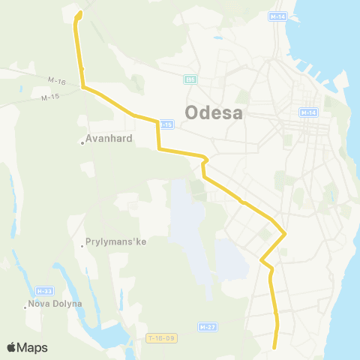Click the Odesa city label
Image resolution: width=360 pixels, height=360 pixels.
coord(214,113)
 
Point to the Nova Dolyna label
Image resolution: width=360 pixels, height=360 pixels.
coord(55,304)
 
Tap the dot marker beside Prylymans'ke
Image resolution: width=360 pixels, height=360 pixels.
coord(83,244)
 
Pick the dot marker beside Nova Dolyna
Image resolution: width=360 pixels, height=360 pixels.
coord(24,305)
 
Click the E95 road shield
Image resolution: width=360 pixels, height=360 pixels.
coord(190,79)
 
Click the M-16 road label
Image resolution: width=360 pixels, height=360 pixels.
coord(55,81)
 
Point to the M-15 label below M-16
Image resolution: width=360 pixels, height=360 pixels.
coord(49,97)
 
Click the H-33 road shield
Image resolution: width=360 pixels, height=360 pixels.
coord(43,289)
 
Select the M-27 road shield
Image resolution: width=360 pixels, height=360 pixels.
coord(208,327)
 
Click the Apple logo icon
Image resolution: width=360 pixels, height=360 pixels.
coord(11,347)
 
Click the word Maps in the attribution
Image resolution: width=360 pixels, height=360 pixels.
coord(33,347)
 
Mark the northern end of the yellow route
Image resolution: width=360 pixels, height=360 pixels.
coord(79,13)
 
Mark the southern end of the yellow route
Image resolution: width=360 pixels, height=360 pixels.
coord(275,346)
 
